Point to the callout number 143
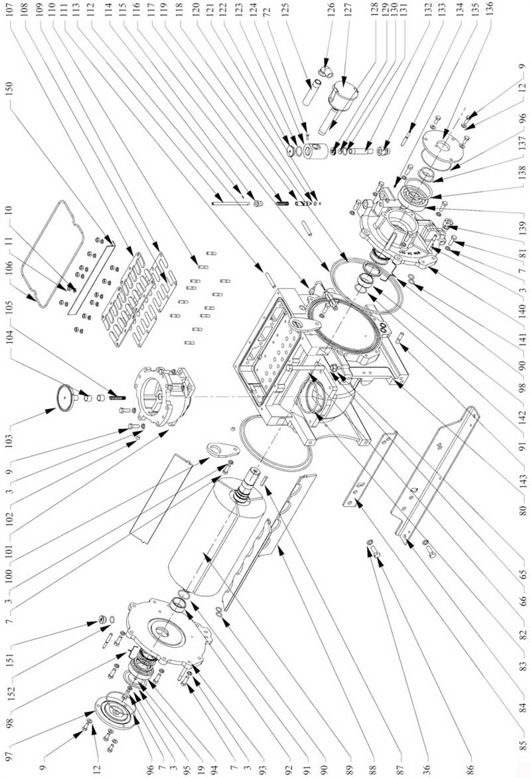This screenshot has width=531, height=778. [523, 478]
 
